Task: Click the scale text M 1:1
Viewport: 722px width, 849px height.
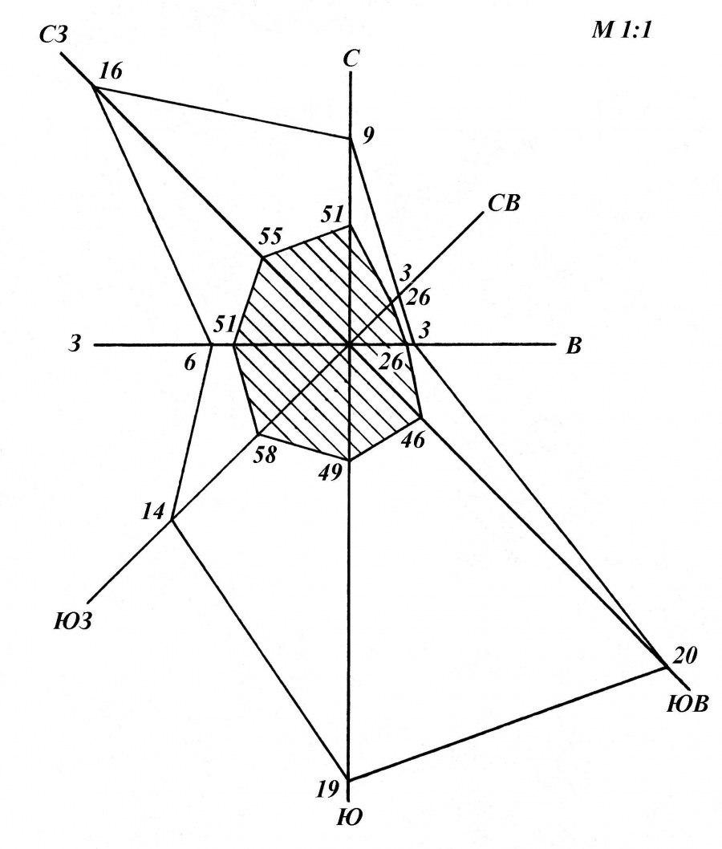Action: click(622, 30)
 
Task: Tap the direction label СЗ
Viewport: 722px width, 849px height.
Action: click(54, 36)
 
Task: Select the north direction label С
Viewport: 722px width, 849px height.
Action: click(352, 59)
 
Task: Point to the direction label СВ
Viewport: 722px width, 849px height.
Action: click(503, 203)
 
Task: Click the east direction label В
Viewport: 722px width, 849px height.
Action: click(574, 345)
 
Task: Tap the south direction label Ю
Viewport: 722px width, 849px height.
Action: click(350, 817)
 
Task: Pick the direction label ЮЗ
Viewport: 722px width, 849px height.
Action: click(72, 620)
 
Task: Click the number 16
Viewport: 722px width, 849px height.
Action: click(112, 71)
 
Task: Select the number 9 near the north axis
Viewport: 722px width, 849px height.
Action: click(368, 136)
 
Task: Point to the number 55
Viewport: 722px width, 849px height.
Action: click(270, 236)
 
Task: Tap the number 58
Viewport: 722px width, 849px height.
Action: click(266, 453)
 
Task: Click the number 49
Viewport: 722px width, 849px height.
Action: click(330, 473)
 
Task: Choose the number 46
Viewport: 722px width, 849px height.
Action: click(413, 439)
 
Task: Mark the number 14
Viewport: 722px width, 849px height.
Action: click(152, 510)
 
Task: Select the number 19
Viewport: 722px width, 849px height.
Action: click(327, 790)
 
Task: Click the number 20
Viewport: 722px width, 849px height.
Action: click(684, 656)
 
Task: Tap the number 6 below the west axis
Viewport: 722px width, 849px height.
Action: click(190, 363)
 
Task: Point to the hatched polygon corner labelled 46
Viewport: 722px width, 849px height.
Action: click(421, 417)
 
